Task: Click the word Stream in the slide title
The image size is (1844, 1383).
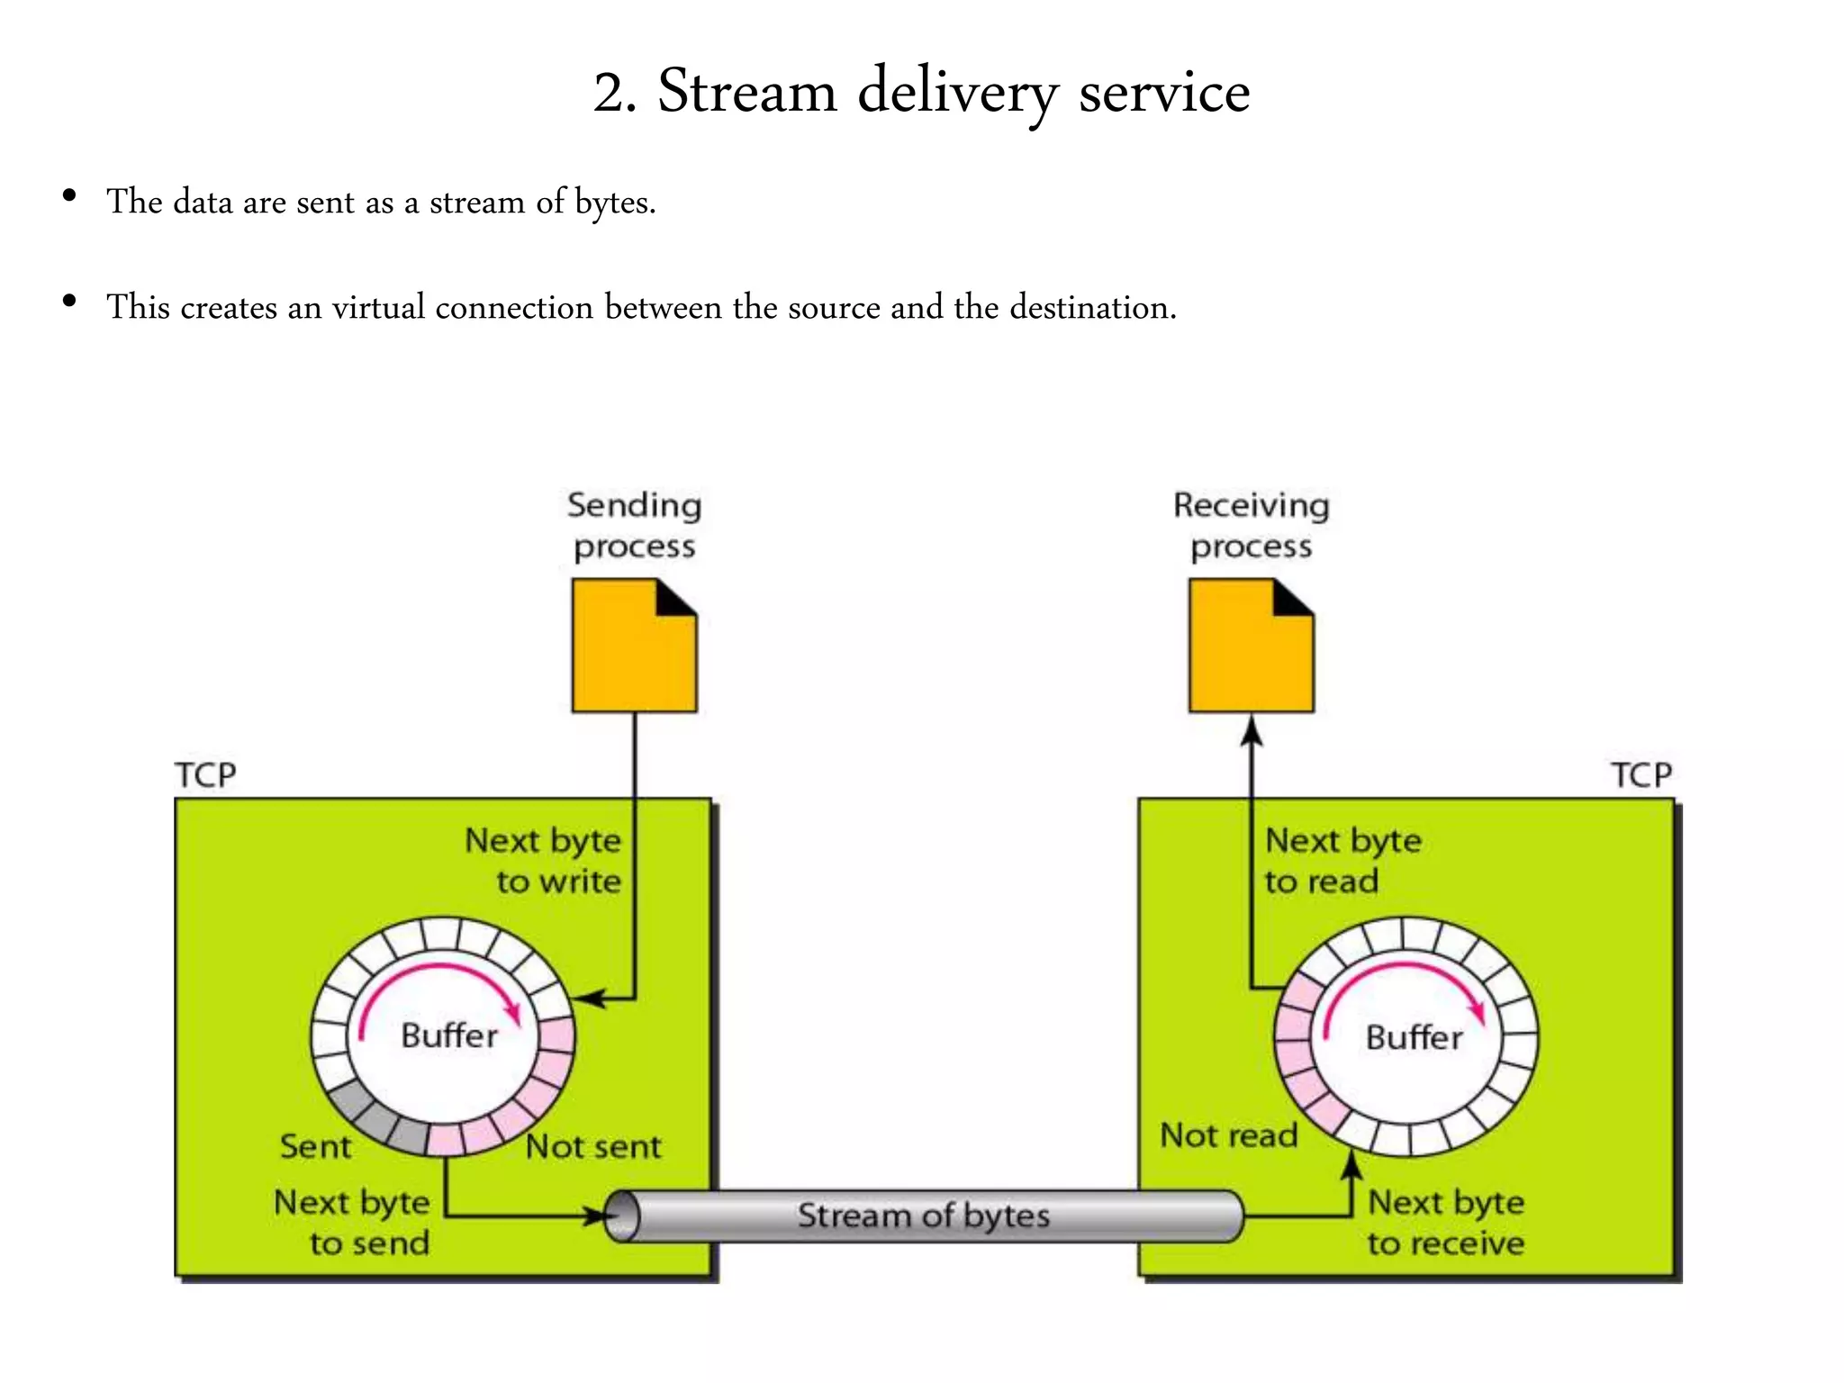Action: (x=746, y=92)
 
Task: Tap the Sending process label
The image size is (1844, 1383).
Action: (x=634, y=526)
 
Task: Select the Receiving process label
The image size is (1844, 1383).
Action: (x=1251, y=526)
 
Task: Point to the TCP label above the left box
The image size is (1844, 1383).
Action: (x=205, y=775)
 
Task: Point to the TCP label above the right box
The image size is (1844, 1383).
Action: (x=1641, y=775)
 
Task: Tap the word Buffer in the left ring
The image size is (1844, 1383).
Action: (x=448, y=1035)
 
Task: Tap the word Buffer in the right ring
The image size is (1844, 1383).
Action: (x=1414, y=1037)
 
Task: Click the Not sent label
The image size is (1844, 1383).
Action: (x=593, y=1147)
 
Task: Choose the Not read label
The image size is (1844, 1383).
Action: (x=1228, y=1135)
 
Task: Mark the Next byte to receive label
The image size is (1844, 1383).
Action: (x=1446, y=1223)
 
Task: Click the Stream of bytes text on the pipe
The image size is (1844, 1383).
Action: (x=924, y=1216)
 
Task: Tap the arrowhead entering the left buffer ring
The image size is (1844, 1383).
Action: (x=586, y=999)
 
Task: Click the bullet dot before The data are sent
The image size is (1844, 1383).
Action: (x=69, y=196)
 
